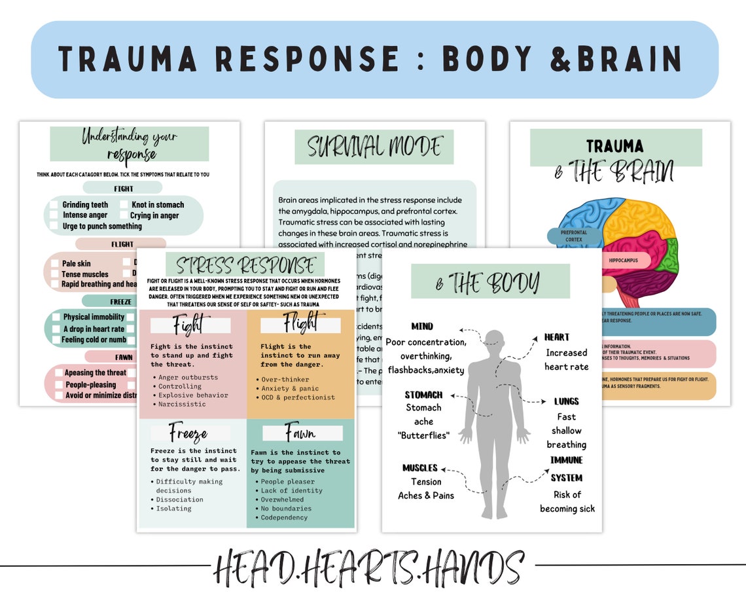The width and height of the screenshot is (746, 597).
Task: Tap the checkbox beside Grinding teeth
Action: pos(54,205)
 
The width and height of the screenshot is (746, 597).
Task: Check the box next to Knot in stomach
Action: pos(124,205)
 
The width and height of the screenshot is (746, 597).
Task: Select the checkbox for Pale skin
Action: pos(54,264)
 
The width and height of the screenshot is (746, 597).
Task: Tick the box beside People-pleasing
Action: pos(57,385)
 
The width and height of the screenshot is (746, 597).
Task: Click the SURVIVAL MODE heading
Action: pos(374,147)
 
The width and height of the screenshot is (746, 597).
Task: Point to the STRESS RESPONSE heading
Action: pos(245,266)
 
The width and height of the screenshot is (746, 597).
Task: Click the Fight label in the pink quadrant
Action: pos(189,325)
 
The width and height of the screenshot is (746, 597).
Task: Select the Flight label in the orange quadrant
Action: pos(300,324)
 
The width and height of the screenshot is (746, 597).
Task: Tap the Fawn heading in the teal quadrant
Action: pos(300,433)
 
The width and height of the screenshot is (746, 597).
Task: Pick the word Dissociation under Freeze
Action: pos(179,499)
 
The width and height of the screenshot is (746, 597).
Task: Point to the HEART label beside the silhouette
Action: pos(557,337)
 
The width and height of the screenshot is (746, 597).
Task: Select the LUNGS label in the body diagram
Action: pos(566,401)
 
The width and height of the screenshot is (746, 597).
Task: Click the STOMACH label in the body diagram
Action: pos(423,395)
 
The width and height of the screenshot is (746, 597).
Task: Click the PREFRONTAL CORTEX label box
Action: pos(573,236)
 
